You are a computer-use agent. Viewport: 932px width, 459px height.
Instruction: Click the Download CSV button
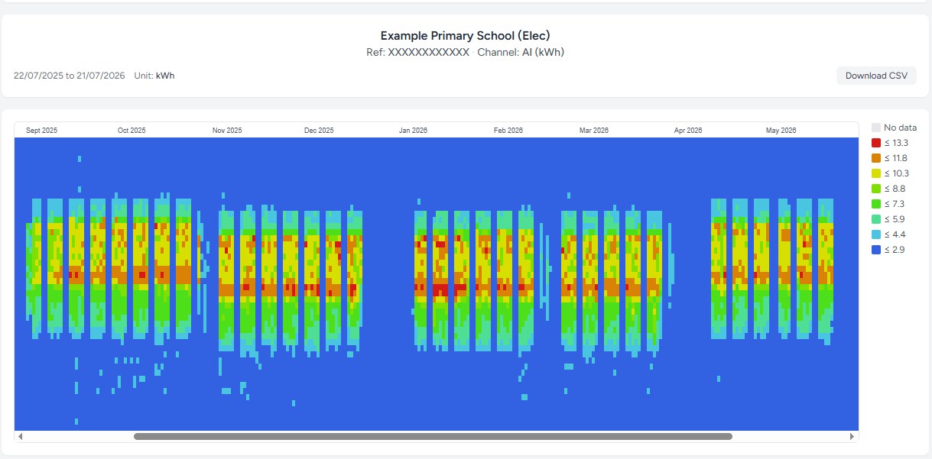876,76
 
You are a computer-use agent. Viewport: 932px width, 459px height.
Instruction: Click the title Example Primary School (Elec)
465,36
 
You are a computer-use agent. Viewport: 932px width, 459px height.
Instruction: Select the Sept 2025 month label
41,130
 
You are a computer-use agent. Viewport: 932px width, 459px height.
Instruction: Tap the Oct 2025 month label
132,130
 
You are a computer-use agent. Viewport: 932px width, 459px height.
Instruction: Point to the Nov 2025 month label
227,130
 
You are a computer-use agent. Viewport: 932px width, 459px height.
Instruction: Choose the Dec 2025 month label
319,130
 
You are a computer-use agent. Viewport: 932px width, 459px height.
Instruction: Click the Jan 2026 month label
413,130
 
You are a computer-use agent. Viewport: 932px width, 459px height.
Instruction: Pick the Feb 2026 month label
508,130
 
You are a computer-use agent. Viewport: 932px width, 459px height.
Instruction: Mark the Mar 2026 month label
594,130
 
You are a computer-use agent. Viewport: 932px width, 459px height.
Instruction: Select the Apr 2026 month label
688,130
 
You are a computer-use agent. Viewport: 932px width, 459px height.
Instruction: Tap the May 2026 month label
781,130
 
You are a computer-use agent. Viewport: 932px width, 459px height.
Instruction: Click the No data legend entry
894,128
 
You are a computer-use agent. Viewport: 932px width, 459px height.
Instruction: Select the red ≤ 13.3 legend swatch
876,143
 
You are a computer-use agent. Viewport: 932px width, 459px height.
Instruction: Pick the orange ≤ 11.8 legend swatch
876,158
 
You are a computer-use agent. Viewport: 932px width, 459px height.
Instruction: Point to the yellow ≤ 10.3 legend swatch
876,173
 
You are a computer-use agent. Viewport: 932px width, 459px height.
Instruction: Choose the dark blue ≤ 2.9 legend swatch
876,250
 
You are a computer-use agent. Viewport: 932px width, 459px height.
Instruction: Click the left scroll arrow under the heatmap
21,436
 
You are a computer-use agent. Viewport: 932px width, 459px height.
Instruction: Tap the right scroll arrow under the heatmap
852,436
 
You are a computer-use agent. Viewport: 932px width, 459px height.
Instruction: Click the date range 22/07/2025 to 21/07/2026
69,76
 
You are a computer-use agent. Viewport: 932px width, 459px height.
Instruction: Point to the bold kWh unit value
165,76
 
